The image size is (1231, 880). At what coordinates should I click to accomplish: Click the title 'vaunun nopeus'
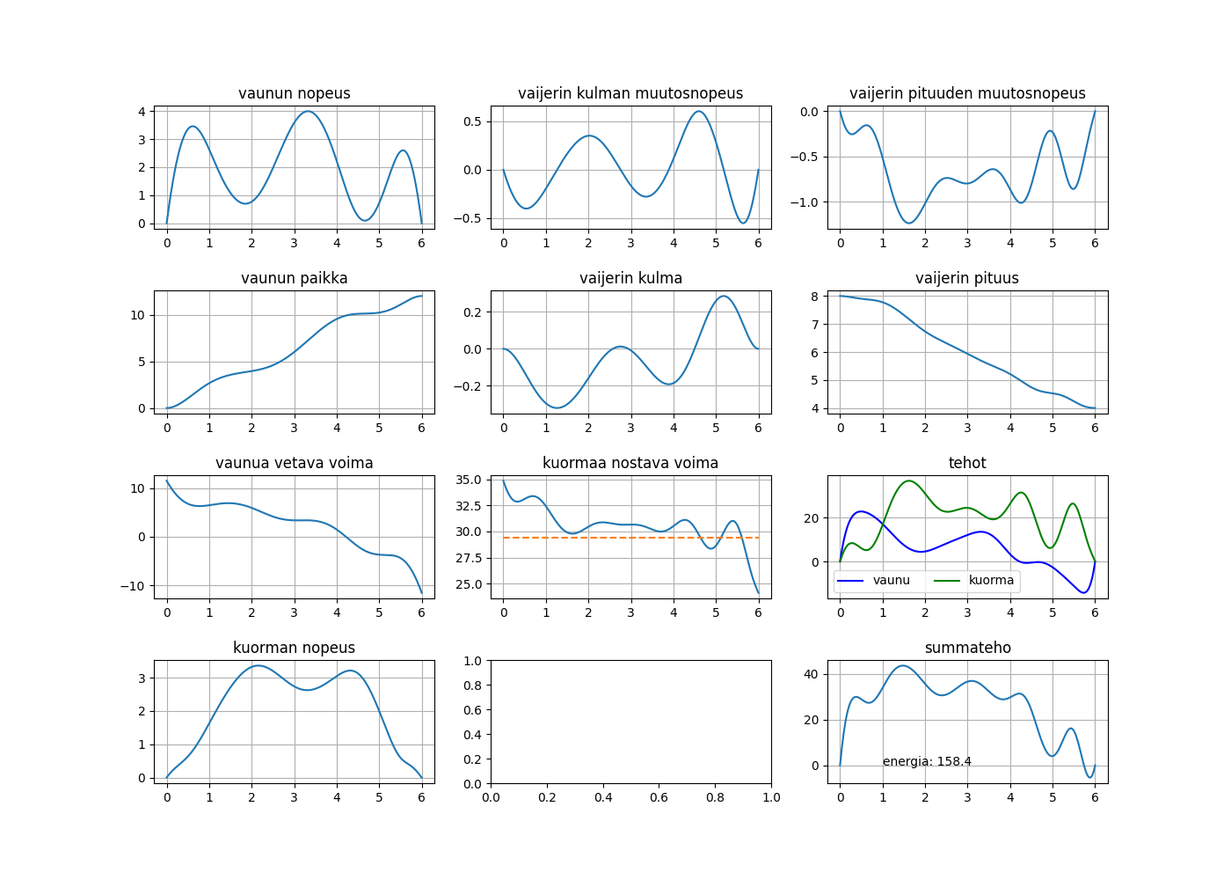[294, 93]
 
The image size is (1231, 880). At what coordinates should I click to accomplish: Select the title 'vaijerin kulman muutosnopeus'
[630, 93]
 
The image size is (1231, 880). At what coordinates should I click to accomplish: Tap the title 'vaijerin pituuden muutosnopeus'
[967, 93]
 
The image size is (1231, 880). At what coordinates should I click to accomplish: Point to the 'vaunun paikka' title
[294, 278]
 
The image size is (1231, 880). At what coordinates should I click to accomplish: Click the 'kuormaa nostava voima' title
[630, 463]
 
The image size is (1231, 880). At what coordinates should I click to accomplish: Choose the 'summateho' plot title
[967, 648]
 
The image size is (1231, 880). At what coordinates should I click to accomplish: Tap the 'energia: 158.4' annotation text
[927, 762]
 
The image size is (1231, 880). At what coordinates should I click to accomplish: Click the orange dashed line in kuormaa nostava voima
[615, 537]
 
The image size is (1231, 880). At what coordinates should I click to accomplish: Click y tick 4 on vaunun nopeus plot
[142, 112]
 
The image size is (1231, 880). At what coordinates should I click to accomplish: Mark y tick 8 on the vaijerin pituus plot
[815, 297]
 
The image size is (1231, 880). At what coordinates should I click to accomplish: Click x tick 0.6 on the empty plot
[603, 798]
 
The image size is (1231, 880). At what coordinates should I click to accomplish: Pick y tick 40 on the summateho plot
[811, 675]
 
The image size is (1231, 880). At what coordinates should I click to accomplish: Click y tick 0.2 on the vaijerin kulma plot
[472, 312]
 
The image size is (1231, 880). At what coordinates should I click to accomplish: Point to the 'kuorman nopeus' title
[294, 648]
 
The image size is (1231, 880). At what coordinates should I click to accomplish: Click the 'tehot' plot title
[967, 463]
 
